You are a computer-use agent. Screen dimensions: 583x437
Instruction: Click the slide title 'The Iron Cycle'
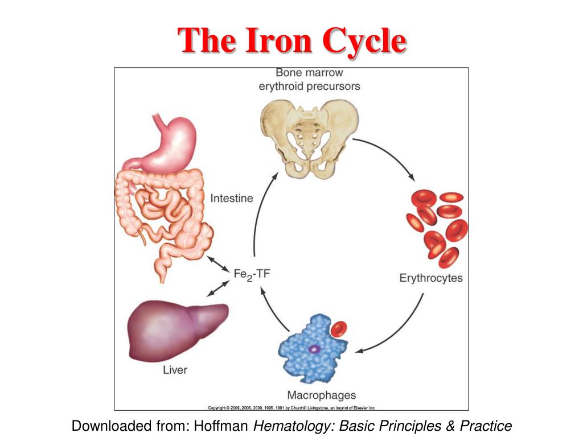click(x=291, y=41)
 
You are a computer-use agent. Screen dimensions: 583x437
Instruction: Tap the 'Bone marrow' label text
click(x=309, y=73)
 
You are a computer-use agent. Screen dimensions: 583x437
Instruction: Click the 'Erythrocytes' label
click(x=431, y=278)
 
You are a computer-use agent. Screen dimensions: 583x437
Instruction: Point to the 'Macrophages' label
click(x=321, y=395)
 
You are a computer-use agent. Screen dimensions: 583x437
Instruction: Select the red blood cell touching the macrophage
click(x=340, y=328)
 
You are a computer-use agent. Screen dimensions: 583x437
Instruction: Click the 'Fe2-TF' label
click(x=252, y=274)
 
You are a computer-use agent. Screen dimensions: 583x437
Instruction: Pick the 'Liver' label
click(x=175, y=370)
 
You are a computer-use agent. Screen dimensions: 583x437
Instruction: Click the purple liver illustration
click(x=176, y=330)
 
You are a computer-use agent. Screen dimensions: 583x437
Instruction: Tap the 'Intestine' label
click(x=232, y=199)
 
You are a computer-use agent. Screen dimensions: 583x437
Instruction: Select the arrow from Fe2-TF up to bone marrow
click(x=259, y=216)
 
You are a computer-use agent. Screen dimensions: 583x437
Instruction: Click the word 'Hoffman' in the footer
click(x=222, y=426)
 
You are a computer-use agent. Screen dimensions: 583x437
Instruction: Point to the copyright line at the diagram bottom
click(x=291, y=407)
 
